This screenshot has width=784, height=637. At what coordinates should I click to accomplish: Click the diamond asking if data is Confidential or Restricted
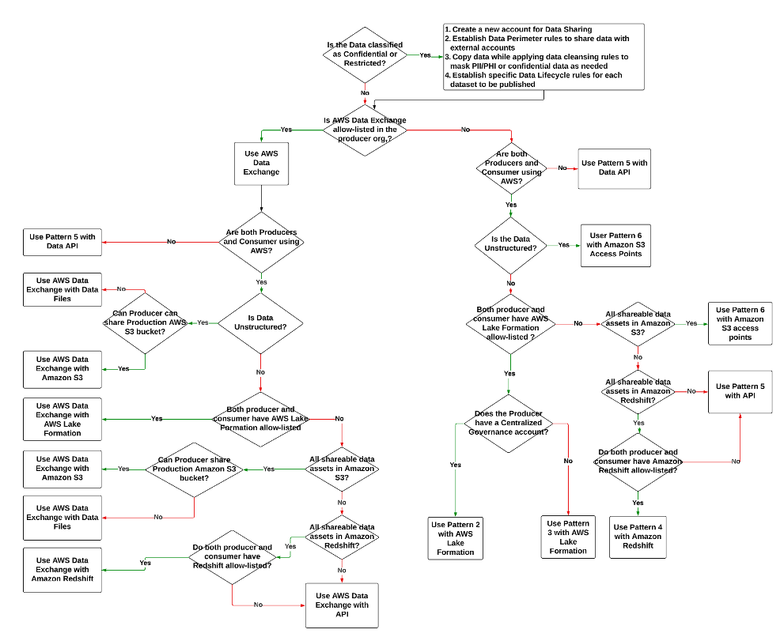(x=364, y=55)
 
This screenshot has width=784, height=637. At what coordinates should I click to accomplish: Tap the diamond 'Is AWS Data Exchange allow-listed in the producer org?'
(x=365, y=130)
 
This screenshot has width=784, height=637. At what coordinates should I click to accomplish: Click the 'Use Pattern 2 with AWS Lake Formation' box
(x=456, y=537)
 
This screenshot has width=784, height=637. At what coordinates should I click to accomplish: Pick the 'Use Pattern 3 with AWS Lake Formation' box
(x=568, y=537)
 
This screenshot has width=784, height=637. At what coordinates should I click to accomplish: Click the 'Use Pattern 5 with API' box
(x=740, y=391)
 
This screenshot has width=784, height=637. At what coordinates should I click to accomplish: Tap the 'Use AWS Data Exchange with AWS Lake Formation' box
(x=62, y=419)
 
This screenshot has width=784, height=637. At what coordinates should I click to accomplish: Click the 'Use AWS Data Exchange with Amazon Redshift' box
(x=62, y=569)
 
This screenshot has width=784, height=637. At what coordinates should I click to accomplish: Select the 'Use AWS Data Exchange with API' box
(x=342, y=605)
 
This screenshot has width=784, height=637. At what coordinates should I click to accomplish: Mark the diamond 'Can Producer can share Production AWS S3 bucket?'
(x=146, y=322)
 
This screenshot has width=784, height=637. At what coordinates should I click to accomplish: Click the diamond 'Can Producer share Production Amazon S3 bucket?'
(x=193, y=469)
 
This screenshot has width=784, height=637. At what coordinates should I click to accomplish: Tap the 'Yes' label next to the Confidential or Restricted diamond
(x=425, y=55)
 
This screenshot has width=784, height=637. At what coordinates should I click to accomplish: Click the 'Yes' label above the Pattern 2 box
(x=456, y=465)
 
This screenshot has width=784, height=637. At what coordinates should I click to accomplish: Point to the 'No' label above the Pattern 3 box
(x=568, y=460)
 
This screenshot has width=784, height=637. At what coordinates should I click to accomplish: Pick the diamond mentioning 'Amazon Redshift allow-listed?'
(x=638, y=461)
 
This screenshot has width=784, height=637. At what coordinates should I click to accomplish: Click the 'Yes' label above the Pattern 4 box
(x=638, y=503)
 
